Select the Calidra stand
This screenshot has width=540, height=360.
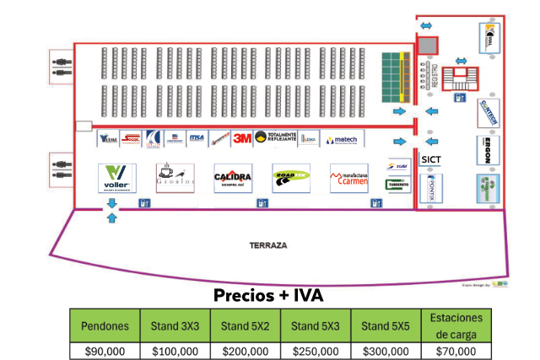233,179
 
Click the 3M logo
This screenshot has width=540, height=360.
243,137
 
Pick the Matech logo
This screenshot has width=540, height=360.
342,138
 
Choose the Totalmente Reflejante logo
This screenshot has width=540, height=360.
275,137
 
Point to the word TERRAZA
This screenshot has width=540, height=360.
268,246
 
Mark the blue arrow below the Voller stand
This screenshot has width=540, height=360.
112,218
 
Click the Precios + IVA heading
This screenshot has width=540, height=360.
268,296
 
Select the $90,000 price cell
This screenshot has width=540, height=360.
105,351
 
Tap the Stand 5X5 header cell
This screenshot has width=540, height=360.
386,326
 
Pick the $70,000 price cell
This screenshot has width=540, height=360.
456,351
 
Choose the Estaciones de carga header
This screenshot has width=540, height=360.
456,325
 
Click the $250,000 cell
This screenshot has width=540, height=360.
316,351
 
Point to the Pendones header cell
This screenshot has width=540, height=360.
105,326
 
